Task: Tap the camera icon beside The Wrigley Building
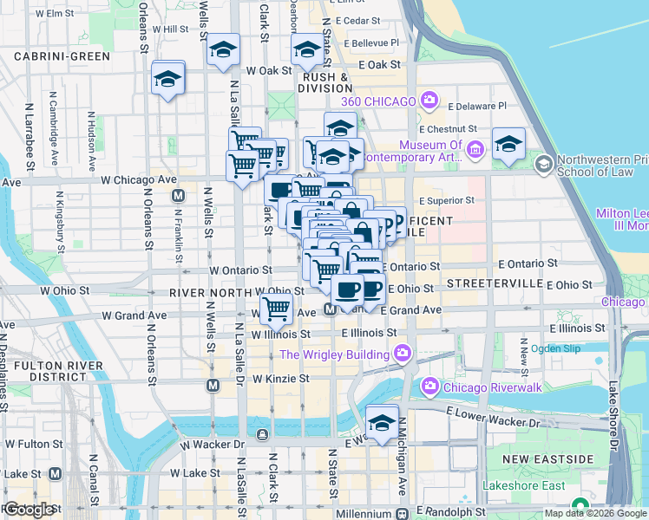(402, 354)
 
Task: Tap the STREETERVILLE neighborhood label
(494, 284)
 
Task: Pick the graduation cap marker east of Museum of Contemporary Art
(508, 144)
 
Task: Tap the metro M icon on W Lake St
(55, 473)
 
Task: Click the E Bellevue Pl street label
(370, 42)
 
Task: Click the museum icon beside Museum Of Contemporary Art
(475, 152)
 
